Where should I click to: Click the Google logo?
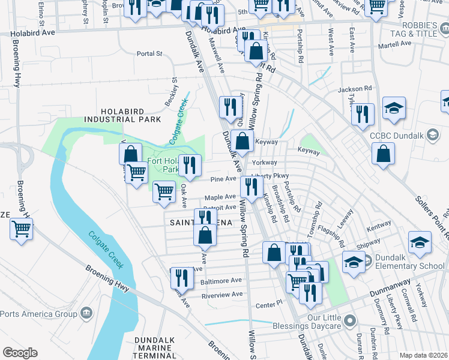pos(20,352)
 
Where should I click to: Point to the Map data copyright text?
pos(424,355)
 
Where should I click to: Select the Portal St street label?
pos(149,53)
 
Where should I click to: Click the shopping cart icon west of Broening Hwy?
pos(21,229)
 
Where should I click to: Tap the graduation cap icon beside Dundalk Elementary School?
pos(354,262)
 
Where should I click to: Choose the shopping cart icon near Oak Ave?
pos(164,191)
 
